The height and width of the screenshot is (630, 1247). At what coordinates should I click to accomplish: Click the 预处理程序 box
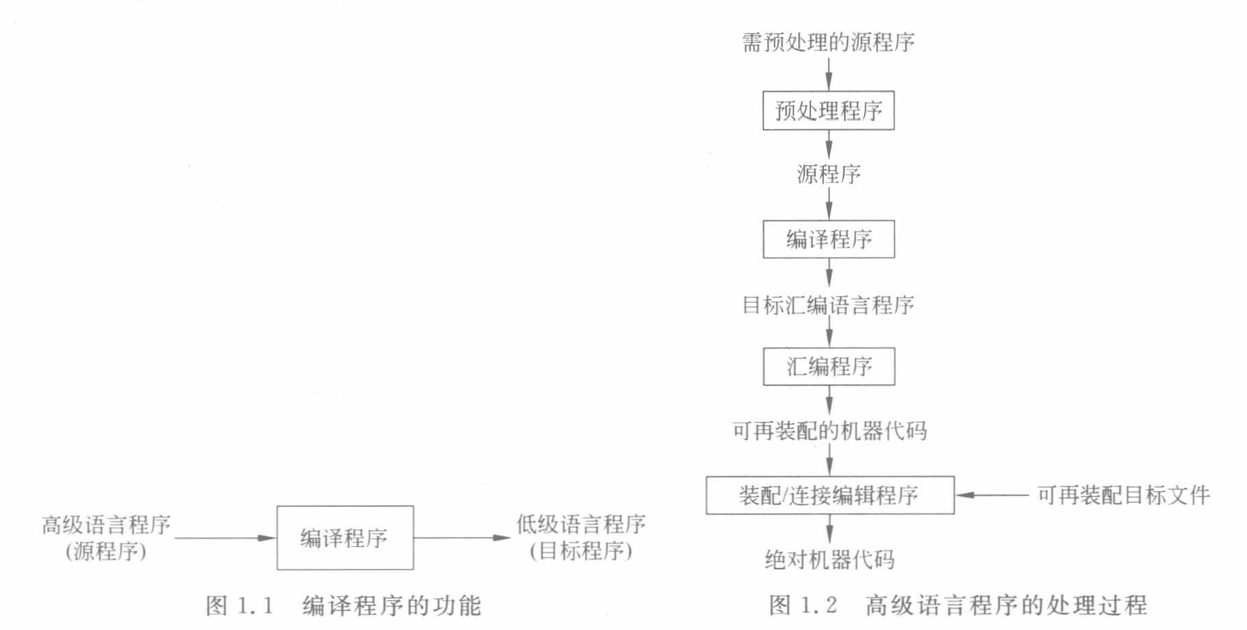(x=828, y=110)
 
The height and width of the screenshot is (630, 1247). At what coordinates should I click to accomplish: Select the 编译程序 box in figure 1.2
(x=829, y=239)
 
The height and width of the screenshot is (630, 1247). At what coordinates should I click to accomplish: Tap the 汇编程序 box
(x=829, y=367)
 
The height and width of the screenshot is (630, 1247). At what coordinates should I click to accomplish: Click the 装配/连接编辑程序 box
(x=829, y=495)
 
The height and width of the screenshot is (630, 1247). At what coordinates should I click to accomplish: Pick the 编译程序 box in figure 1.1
(x=344, y=538)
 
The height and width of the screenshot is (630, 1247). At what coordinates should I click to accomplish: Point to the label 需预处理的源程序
(x=828, y=43)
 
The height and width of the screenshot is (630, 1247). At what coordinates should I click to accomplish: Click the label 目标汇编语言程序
(x=828, y=305)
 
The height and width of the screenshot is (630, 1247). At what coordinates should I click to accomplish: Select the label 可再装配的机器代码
(x=829, y=431)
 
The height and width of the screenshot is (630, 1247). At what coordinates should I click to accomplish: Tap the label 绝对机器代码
(x=829, y=560)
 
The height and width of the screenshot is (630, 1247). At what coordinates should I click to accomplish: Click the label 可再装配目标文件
(x=1123, y=495)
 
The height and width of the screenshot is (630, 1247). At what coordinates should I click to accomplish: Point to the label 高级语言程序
(x=106, y=525)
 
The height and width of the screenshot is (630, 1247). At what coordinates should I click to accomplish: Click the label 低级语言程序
(x=581, y=524)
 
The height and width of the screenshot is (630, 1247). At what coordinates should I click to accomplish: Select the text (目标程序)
(x=581, y=550)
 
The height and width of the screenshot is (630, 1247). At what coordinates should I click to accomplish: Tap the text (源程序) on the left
(x=106, y=550)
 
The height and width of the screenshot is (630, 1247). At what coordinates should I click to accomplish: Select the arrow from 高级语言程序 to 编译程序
(x=225, y=538)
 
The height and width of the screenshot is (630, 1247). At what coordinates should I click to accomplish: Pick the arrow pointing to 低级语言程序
(x=462, y=538)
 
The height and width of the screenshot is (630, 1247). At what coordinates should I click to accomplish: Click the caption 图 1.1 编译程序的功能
(x=344, y=606)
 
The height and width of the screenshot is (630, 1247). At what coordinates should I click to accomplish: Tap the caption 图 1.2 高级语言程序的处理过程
(x=958, y=605)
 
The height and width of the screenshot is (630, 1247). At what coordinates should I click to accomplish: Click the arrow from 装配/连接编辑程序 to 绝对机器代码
(x=829, y=529)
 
